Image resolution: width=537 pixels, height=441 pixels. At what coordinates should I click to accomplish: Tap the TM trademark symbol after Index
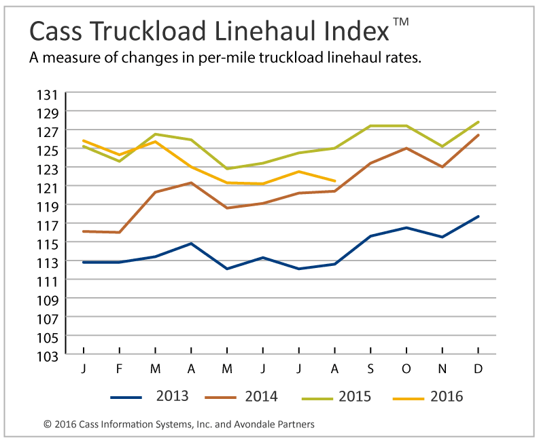(x=401, y=22)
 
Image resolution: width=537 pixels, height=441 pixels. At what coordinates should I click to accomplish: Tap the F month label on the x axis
(x=120, y=368)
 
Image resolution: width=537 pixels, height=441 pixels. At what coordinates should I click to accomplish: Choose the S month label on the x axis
(x=370, y=368)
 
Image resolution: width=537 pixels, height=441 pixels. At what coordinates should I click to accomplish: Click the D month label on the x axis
(x=479, y=368)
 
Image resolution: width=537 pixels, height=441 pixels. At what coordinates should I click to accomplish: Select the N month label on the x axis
(x=443, y=368)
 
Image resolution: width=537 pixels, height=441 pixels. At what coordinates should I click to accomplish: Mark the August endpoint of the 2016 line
(x=334, y=181)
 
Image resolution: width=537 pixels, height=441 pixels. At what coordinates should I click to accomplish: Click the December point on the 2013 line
(x=479, y=216)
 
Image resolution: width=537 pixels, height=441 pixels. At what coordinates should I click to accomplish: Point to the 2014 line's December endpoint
(x=479, y=135)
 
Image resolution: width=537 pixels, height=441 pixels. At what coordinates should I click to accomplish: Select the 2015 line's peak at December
(x=479, y=122)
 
